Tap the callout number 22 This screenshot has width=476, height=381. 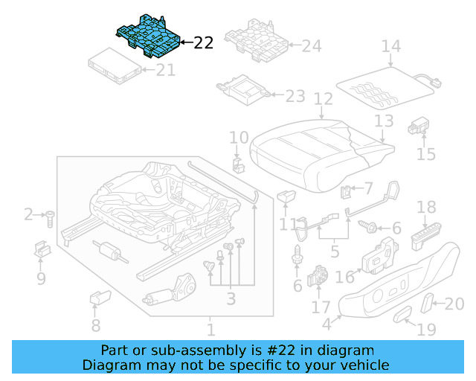tap(203, 43)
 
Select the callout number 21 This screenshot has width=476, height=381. tap(165, 71)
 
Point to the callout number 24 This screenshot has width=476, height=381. tap(312, 46)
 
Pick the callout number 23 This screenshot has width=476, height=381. tap(295, 96)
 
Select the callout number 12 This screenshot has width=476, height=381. tap(322, 98)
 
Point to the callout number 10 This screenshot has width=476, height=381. tap(238, 137)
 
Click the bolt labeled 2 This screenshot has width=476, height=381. tap(49, 218)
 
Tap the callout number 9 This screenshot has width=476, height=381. tap(41, 279)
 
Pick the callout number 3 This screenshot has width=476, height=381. tap(231, 298)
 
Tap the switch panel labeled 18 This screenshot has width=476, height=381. tap(427, 237)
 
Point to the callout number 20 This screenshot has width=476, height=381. tap(454, 303)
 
